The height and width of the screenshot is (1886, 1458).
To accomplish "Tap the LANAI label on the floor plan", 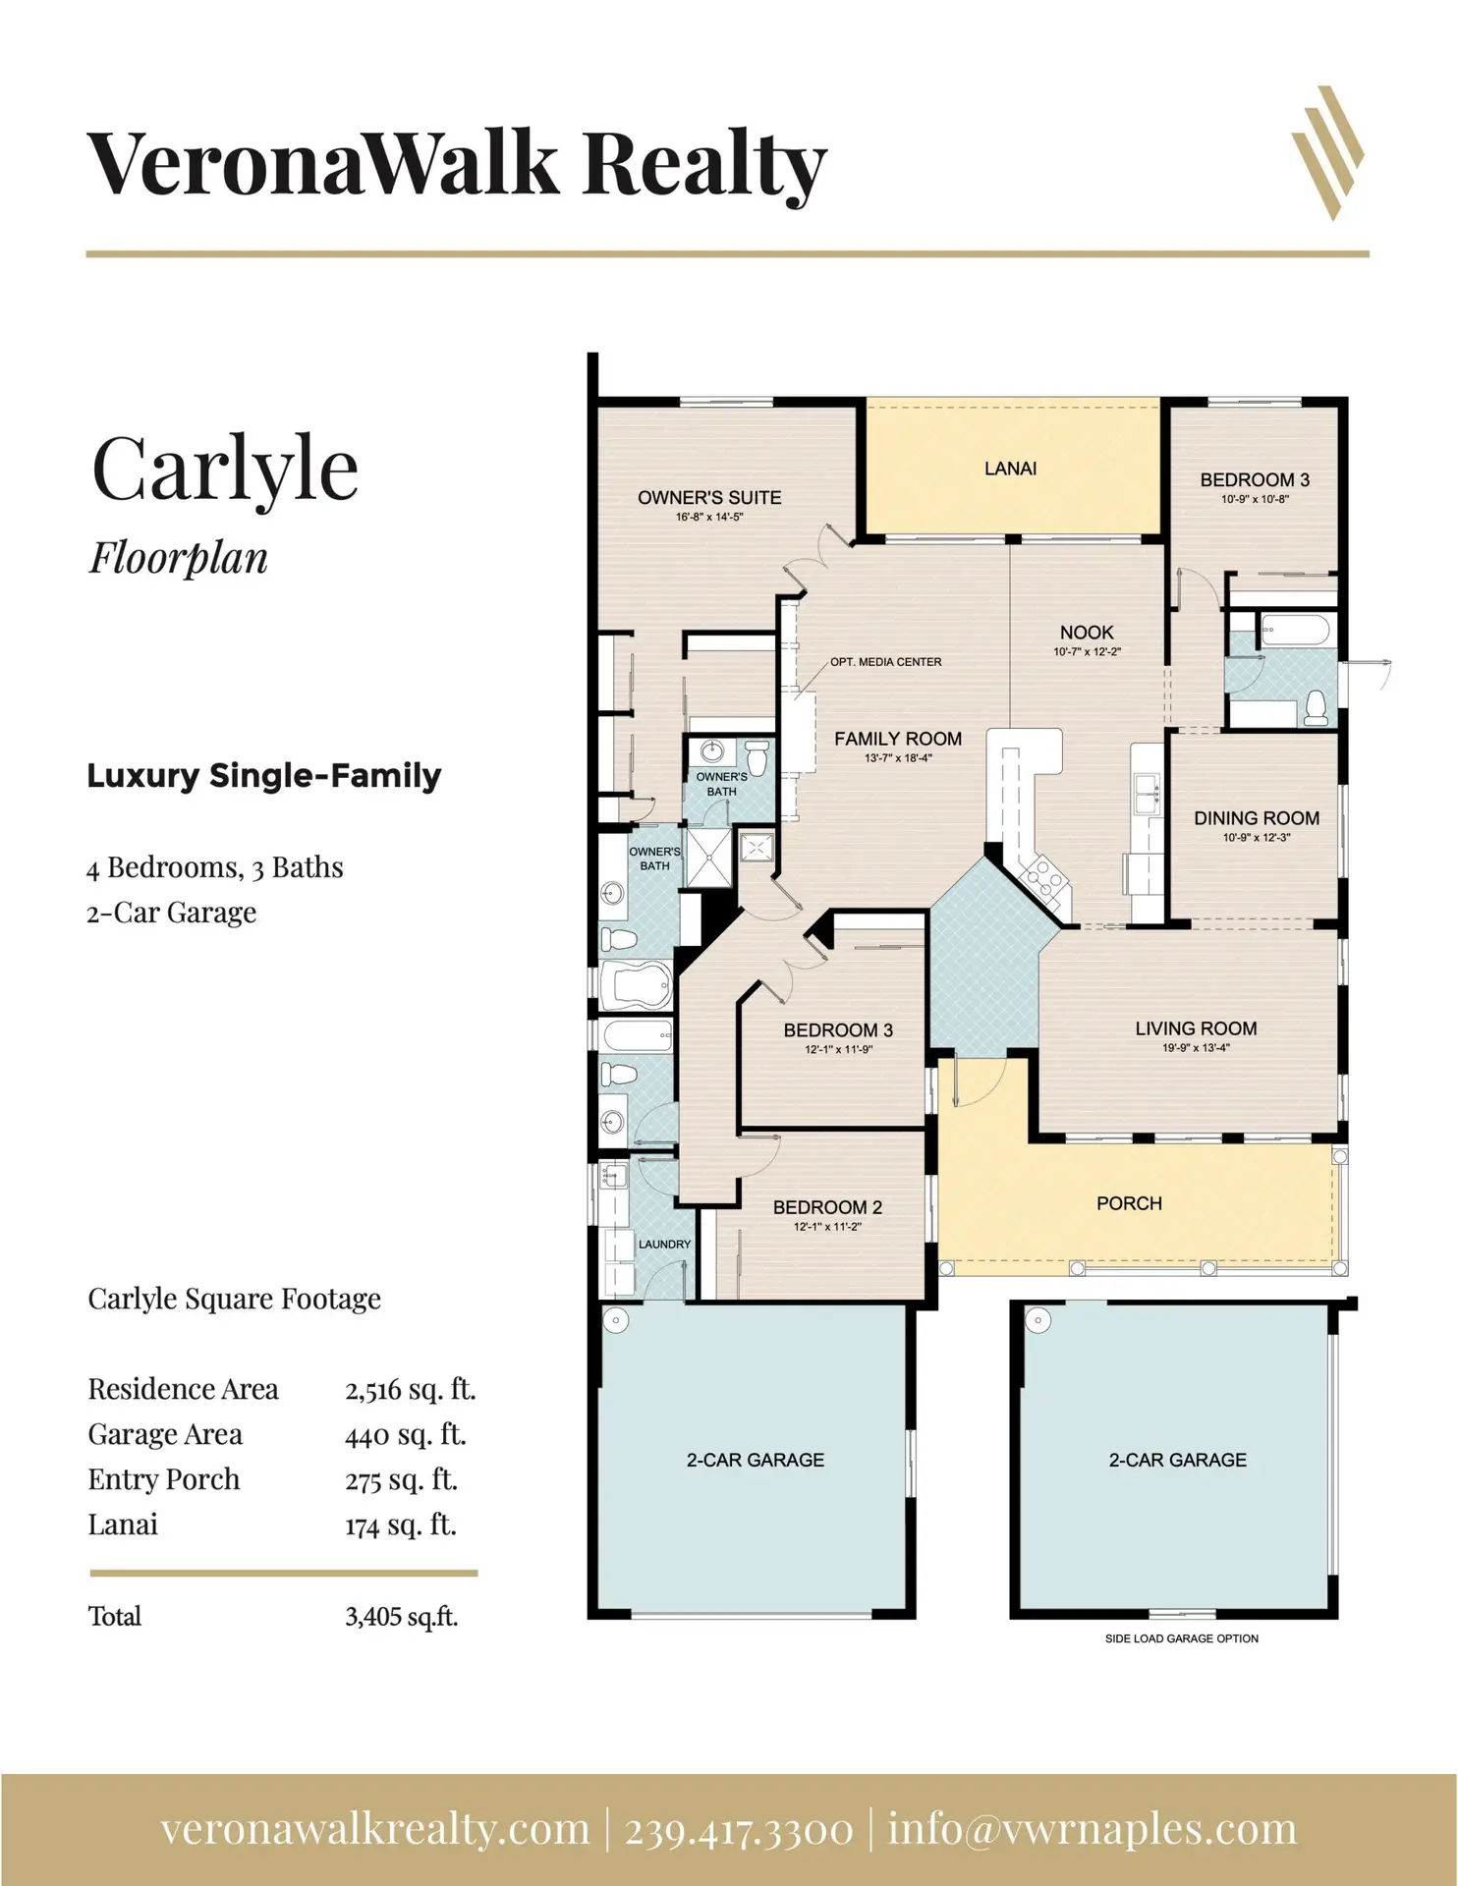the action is coord(1010,469).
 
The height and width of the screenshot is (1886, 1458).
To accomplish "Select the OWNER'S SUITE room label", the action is coord(709,497).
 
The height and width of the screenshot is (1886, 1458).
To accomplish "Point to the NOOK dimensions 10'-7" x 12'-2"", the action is coord(1087,652).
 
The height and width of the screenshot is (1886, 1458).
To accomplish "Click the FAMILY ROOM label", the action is coord(898,739).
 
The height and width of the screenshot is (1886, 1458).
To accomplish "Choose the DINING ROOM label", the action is coord(1257,818).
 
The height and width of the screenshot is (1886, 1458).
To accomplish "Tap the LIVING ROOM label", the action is coord(1196,1028).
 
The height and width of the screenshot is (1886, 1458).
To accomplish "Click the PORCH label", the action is coord(1129,1203).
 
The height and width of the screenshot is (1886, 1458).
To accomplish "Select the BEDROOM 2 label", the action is coord(827,1207).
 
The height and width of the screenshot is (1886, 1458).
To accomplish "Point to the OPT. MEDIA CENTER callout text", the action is coord(885,662).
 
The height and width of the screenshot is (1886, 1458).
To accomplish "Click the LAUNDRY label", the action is coord(664,1244).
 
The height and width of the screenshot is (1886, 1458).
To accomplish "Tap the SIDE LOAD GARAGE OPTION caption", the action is coord(1181,1638).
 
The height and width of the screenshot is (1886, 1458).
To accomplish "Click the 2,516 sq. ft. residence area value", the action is coord(410,1389).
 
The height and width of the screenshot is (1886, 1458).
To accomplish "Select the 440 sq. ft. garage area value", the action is coord(405,1434).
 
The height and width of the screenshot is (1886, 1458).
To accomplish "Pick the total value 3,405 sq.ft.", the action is coord(401,1616).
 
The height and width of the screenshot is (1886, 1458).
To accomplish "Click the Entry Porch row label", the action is coord(163,1479).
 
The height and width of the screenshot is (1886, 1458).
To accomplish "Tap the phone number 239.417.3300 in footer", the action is coord(739,1829).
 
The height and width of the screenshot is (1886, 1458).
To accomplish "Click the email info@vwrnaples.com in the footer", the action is coord(1093,1829).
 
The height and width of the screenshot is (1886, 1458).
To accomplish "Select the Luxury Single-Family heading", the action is coord(263,776).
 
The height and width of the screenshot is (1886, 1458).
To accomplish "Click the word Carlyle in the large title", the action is coord(225,469).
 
